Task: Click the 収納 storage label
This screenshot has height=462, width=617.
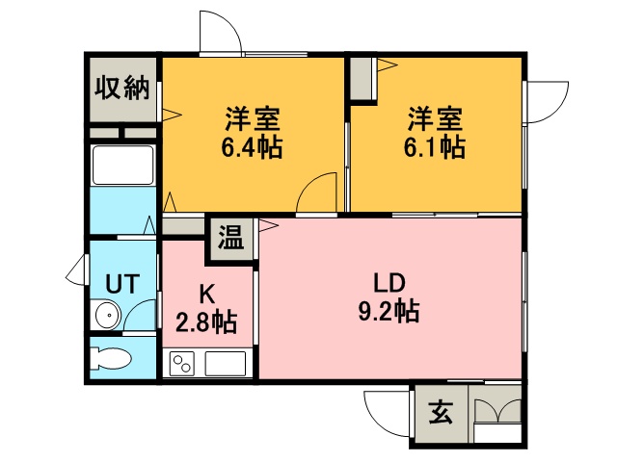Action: [x=122, y=88]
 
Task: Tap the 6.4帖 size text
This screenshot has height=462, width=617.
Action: [x=252, y=147]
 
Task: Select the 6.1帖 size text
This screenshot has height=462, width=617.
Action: [x=435, y=147]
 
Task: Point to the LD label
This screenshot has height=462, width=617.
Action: [x=389, y=283]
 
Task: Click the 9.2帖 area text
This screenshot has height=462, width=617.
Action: [x=389, y=311]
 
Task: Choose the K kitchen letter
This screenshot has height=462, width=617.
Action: [x=206, y=295]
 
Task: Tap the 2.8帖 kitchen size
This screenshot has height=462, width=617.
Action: [x=206, y=322]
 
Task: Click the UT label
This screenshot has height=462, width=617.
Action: [x=122, y=284]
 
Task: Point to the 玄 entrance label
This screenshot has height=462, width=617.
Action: [x=441, y=412]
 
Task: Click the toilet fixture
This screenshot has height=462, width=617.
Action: [x=111, y=358]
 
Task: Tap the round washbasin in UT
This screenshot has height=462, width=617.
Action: [x=107, y=315]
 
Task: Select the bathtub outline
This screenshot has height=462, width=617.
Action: [x=122, y=165]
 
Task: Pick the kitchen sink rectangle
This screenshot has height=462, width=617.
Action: [x=226, y=364]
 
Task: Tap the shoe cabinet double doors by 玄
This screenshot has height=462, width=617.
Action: [x=497, y=411]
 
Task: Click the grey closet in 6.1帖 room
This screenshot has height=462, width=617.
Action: [x=361, y=79]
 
